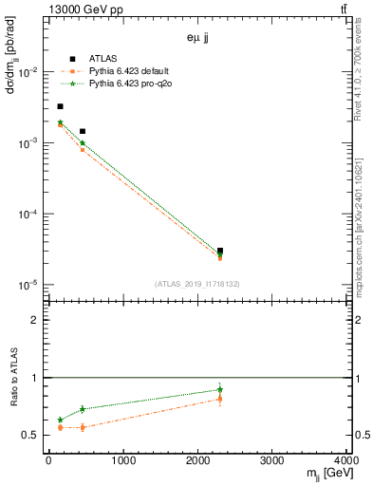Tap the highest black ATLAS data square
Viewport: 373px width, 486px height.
(x=60, y=106)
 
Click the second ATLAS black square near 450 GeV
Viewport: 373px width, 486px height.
(x=83, y=131)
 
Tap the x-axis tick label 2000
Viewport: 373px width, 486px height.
(x=197, y=462)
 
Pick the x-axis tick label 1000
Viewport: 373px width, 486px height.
(x=122, y=462)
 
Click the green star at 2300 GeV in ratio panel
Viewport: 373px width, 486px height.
(x=220, y=389)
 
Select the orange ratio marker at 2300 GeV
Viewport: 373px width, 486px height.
(x=220, y=399)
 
